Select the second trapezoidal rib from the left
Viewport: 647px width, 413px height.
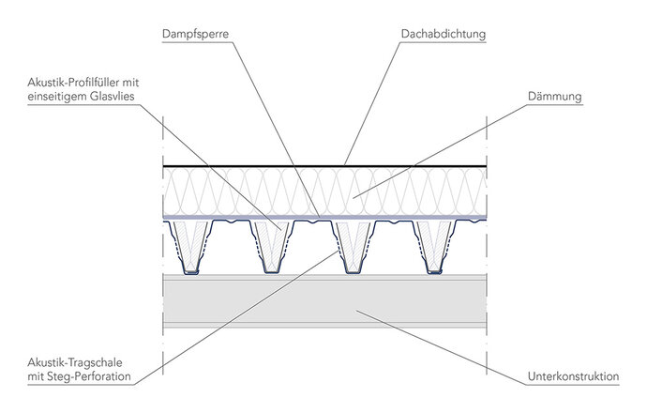click(272, 249)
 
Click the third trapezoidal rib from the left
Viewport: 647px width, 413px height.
click(353, 249)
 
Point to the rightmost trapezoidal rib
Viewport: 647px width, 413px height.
click(433, 249)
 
